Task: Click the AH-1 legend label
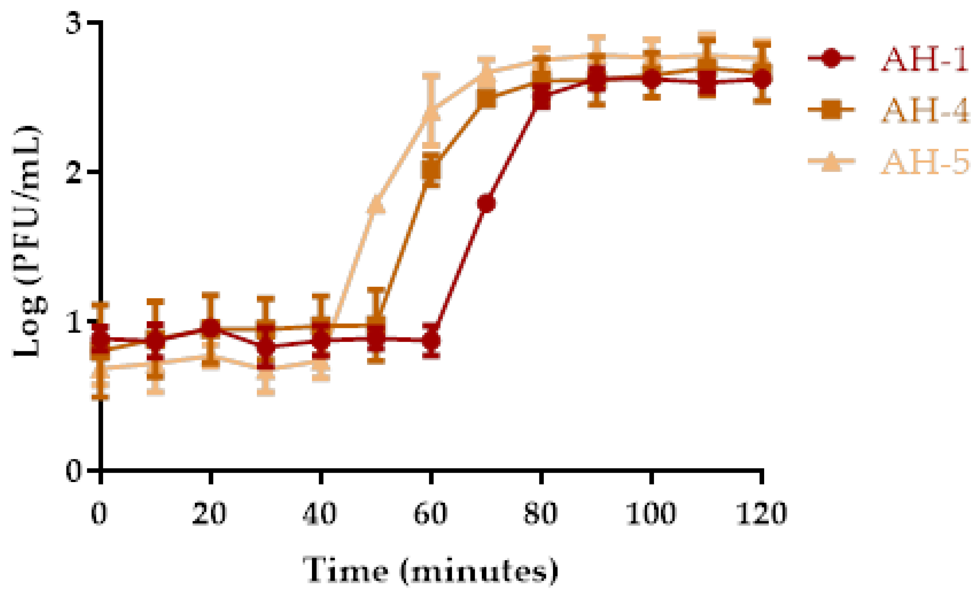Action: click(925, 59)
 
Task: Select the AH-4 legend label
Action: click(925, 111)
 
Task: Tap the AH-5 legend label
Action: click(925, 162)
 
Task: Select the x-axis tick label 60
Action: click(430, 514)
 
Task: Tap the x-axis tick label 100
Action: click(651, 514)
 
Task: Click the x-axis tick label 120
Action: click(761, 514)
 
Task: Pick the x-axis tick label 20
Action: click(210, 514)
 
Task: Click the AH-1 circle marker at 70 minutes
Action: click(486, 203)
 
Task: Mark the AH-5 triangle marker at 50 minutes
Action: click(377, 204)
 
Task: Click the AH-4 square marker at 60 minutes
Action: click(431, 169)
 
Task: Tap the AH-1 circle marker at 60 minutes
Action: click(431, 341)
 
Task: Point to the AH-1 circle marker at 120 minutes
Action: click(762, 78)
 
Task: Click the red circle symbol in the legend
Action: click(831, 59)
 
